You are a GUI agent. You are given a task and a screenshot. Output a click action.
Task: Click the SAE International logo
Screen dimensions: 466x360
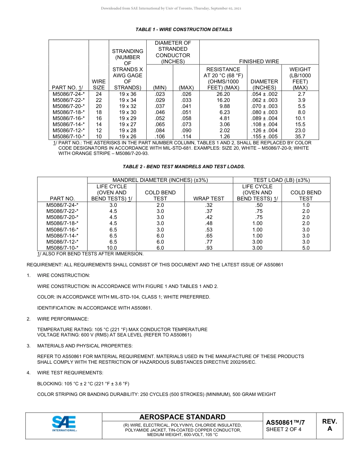pyautogui.click(x=64, y=424)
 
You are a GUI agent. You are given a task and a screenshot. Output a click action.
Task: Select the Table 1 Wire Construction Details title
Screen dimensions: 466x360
pyautogui.click(x=184, y=30)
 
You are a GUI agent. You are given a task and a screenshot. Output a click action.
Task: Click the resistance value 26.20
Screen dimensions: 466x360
pyautogui.click(x=223, y=94)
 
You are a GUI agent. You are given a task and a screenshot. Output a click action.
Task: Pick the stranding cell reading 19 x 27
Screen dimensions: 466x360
pyautogui.click(x=128, y=124)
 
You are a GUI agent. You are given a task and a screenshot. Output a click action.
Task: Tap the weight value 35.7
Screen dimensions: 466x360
pyautogui.click(x=300, y=136)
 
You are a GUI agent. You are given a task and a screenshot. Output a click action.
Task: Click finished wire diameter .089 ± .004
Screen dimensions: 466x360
pyautogui.click(x=264, y=118)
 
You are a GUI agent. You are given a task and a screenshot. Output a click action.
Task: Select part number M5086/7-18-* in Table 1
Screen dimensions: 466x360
pyautogui.click(x=69, y=112)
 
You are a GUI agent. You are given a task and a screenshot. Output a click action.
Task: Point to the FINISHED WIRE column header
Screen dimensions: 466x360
pyautogui.click(x=259, y=61)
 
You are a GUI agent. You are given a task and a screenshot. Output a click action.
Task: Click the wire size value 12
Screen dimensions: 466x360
pyautogui.click(x=99, y=130)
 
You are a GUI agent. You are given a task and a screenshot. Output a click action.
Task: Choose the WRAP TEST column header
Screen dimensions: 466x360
pyautogui.click(x=209, y=199)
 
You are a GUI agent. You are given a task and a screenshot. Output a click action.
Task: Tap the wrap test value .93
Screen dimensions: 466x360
pyautogui.click(x=209, y=248)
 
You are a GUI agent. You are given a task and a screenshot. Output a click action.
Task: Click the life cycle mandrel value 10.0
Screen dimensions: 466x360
pyautogui.click(x=113, y=248)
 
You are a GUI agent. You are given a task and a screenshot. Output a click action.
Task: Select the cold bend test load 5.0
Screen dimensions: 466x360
pyautogui.click(x=306, y=248)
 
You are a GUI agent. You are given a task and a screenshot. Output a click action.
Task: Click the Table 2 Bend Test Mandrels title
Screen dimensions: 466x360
pyautogui.click(x=184, y=167)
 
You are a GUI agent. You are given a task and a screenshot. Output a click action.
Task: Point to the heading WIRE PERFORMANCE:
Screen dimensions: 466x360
pyautogui.click(x=63, y=319)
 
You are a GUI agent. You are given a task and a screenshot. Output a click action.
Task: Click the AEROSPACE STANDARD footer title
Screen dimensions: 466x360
pyautogui.click(x=182, y=417)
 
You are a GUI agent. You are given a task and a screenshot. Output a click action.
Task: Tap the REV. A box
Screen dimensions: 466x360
pyautogui.click(x=329, y=425)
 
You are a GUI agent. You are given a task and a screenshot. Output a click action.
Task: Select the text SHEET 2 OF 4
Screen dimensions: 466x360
pyautogui.click(x=284, y=429)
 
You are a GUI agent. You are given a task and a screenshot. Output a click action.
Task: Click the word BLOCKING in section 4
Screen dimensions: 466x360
pyautogui.click(x=49, y=384)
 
